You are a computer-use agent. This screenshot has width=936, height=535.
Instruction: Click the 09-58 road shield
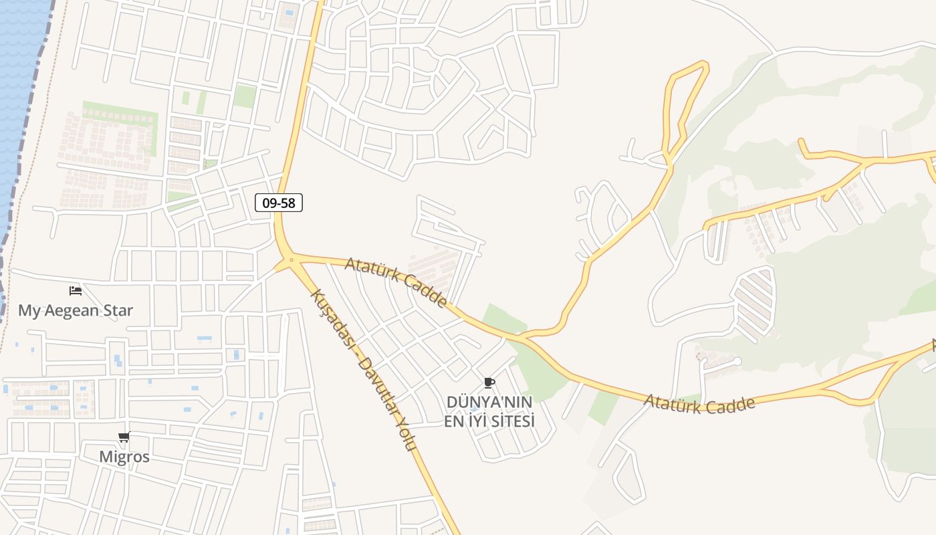(279, 203)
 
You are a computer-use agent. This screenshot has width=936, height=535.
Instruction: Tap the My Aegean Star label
(76, 310)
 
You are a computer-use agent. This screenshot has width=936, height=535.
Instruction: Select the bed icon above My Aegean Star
(76, 291)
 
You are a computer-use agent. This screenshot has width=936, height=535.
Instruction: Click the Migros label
(124, 457)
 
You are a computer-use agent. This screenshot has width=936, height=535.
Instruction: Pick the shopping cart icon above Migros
(124, 438)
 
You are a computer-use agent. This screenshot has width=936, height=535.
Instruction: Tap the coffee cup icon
(489, 383)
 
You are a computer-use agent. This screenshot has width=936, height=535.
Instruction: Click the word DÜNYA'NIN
(489, 402)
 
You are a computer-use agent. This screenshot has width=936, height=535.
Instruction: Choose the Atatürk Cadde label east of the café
(700, 404)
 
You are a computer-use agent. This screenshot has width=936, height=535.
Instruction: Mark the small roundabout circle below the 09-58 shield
(291, 259)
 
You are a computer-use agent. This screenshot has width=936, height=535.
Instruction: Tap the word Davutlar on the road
(376, 388)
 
